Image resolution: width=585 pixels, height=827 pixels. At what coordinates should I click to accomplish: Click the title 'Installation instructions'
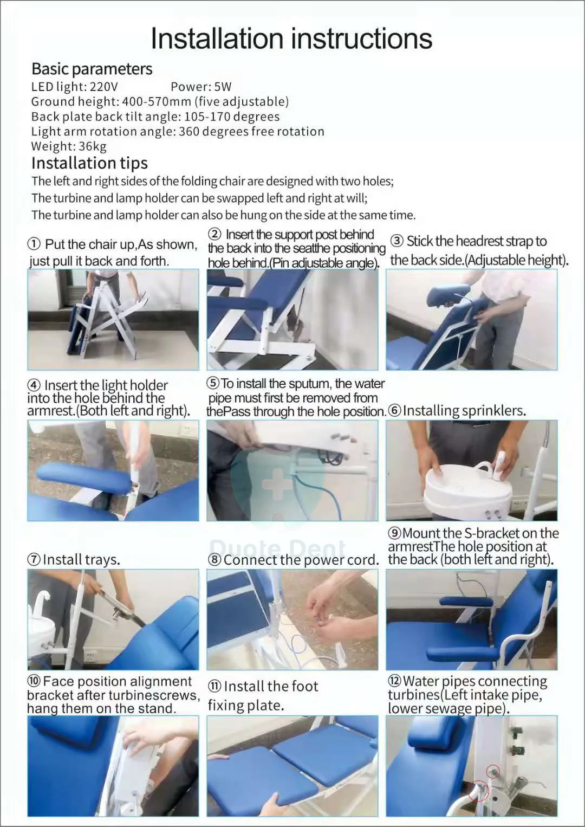(x=291, y=38)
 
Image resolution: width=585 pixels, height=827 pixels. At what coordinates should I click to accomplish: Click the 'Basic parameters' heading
(x=92, y=69)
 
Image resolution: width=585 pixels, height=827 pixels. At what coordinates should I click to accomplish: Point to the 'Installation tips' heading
(x=90, y=163)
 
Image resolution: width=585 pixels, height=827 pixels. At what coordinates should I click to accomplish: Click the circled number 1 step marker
(x=34, y=244)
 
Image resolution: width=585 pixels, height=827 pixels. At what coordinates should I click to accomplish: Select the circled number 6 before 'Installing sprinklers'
(x=394, y=411)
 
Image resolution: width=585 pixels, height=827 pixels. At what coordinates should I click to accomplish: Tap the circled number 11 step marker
(x=214, y=686)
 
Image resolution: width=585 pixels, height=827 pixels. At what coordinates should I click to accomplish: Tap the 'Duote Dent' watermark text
(x=277, y=548)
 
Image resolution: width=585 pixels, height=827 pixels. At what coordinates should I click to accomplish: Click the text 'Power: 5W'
(x=201, y=87)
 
